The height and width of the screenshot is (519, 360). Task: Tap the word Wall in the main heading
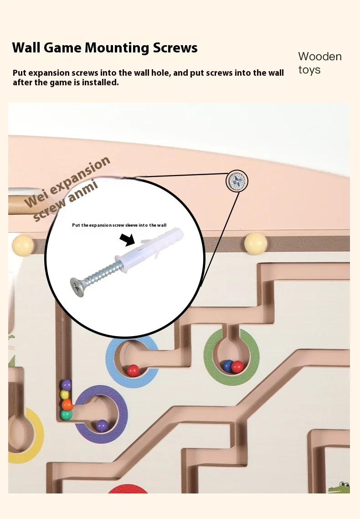coord(27,48)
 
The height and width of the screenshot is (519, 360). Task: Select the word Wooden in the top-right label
coord(319,57)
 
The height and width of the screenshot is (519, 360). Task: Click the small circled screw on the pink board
coord(237,181)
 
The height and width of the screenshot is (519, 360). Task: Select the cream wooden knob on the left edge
coord(23,245)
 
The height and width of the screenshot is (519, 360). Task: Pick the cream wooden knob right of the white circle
coord(256,243)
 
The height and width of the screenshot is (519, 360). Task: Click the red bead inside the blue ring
coord(133,370)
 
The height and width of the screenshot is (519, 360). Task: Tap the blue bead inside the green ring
coord(228,365)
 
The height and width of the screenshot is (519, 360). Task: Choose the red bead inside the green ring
coord(237,366)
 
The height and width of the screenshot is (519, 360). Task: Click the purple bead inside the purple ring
coord(102,426)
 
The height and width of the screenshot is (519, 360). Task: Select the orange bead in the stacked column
coord(67,404)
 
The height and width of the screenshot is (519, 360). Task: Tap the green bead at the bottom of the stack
coord(67,415)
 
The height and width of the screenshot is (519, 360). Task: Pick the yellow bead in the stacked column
coord(66,394)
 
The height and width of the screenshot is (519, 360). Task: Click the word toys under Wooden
coord(309,70)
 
